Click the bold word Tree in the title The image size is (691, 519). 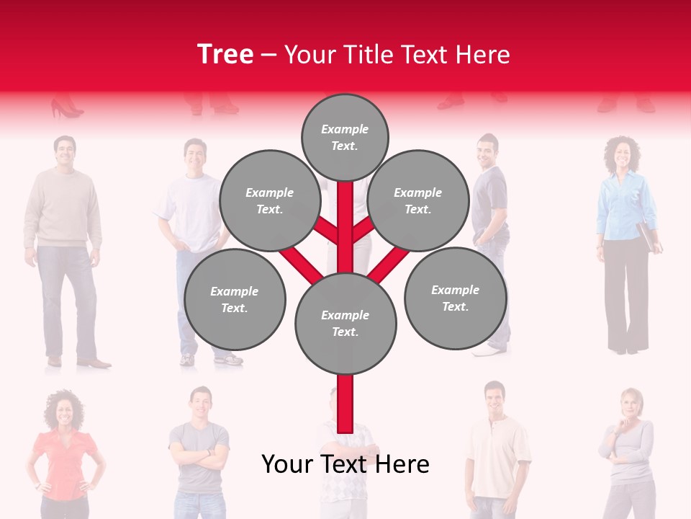coord(225,55)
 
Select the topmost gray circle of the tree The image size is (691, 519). coord(345,137)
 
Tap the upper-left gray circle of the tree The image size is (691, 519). coord(269,200)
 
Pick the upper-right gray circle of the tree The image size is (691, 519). coord(418,200)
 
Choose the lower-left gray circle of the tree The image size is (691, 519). coord(235,299)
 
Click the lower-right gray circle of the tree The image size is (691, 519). coord(455,298)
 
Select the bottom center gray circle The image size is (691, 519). coord(345,323)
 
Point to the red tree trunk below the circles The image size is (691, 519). coord(345,404)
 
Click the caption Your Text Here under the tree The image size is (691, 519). coord(345,465)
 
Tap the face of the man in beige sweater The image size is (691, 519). coord(64,151)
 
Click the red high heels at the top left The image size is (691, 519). coord(66,109)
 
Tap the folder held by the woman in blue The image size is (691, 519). coord(649,236)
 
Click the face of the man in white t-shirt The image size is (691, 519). coord(194,154)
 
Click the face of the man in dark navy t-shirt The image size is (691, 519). coord(487,151)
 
